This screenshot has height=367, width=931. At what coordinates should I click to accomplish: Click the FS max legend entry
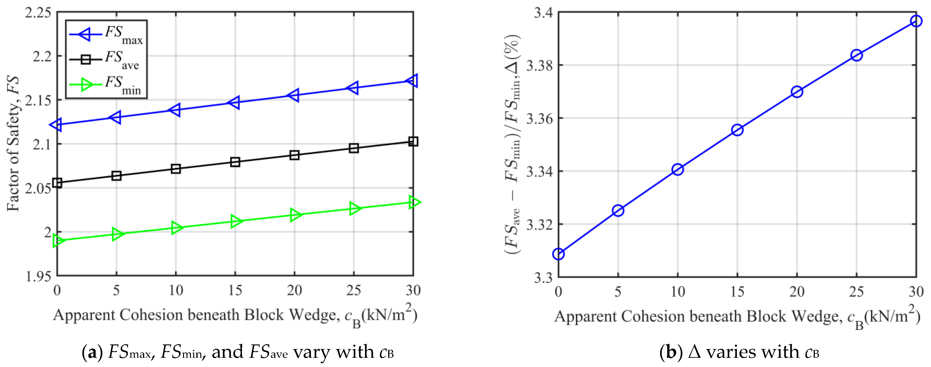pyautogui.click(x=107, y=34)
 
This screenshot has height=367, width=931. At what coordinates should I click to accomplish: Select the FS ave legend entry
pyautogui.click(x=105, y=59)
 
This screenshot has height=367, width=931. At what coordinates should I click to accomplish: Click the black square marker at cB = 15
pyautogui.click(x=235, y=162)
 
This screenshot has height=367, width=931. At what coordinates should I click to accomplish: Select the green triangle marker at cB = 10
pyautogui.click(x=176, y=228)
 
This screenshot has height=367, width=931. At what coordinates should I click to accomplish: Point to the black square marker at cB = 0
pyautogui.click(x=57, y=183)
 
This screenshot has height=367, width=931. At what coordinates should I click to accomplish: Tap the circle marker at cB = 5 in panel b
pyautogui.click(x=618, y=210)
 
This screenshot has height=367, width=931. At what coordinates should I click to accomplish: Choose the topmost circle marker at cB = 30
pyautogui.click(x=916, y=21)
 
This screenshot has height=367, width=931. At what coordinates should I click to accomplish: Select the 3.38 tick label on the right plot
pyautogui.click(x=539, y=65)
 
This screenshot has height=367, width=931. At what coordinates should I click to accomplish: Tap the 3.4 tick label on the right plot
pyautogui.click(x=543, y=13)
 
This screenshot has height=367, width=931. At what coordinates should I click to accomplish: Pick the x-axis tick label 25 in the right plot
pyautogui.click(x=856, y=292)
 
